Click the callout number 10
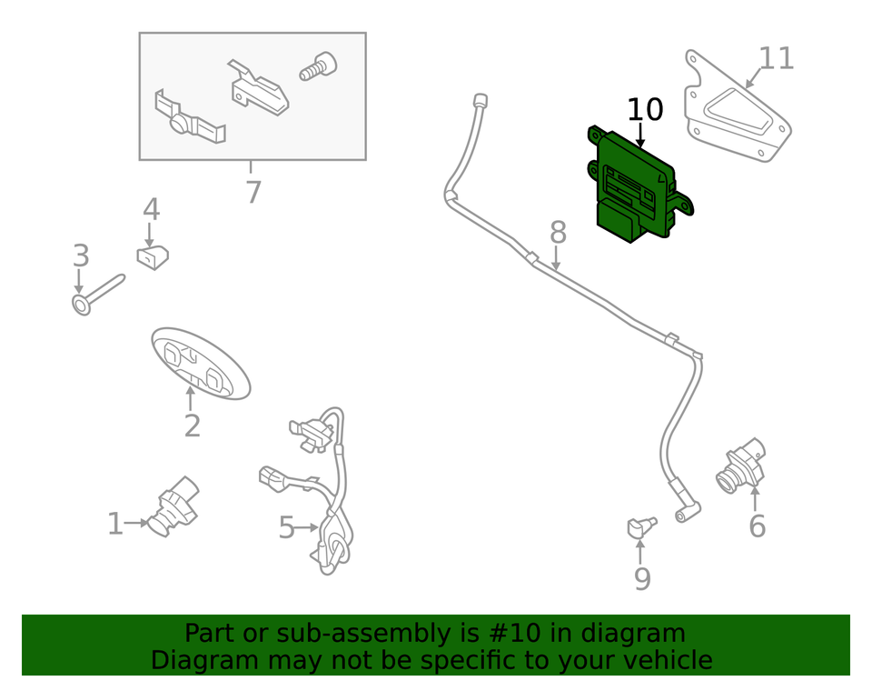pyautogui.click(x=646, y=110)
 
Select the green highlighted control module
pyautogui.click(x=636, y=186)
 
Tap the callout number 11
pyautogui.click(x=776, y=59)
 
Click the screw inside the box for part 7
pyautogui.click(x=317, y=66)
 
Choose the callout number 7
pyautogui.click(x=253, y=192)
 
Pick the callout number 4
pyautogui.click(x=151, y=210)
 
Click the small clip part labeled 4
pyautogui.click(x=154, y=258)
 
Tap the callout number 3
pyautogui.click(x=81, y=255)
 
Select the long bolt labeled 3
pyautogui.click(x=98, y=291)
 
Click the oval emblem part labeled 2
pyautogui.click(x=200, y=362)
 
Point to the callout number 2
pyautogui.click(x=192, y=426)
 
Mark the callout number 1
pyautogui.click(x=114, y=524)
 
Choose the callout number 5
pyautogui.click(x=286, y=527)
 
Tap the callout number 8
pyautogui.click(x=558, y=233)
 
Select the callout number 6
pyautogui.click(x=757, y=526)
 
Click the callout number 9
pyautogui.click(x=642, y=578)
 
